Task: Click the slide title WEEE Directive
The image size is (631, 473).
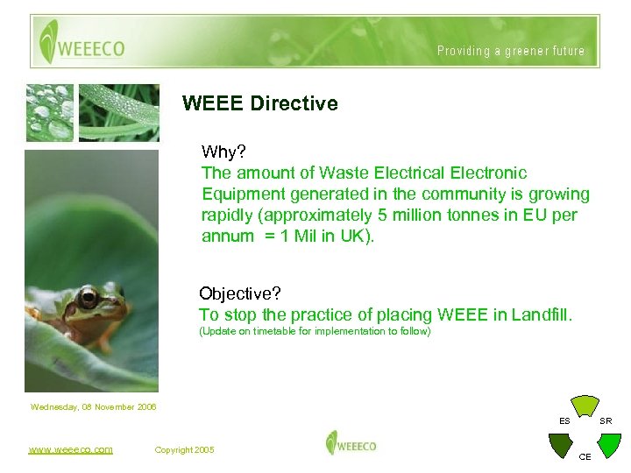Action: [259, 103]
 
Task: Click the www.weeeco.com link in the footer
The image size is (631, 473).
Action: [70, 449]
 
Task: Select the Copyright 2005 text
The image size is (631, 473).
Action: [184, 449]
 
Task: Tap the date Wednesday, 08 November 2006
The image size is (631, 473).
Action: [94, 406]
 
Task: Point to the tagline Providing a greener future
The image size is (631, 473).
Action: [511, 51]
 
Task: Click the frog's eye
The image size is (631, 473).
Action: [88, 298]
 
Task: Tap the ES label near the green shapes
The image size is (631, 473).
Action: [565, 421]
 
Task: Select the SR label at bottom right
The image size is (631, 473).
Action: [606, 421]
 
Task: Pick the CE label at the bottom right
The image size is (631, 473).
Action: [585, 457]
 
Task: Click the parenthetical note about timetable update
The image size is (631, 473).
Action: [315, 332]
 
